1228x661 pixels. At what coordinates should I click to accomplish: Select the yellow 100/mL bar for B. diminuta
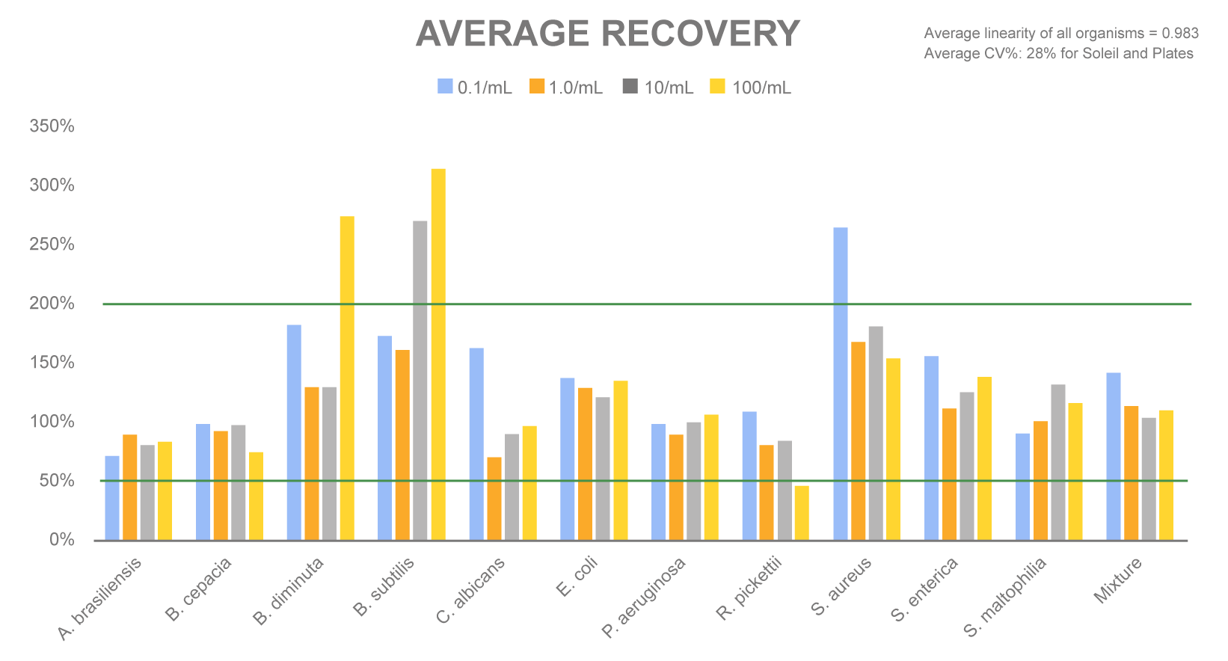347,378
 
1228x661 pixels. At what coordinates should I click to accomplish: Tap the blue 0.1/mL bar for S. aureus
841,383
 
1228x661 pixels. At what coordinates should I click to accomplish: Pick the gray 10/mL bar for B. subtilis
420,380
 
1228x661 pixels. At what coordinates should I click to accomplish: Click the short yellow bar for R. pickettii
802,513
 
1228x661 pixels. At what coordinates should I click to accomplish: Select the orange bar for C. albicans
494,498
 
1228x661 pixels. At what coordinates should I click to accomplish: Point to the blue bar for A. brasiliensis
112,497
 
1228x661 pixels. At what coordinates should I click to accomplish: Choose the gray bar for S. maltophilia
1057,462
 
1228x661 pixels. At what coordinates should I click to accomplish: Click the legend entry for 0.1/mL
475,87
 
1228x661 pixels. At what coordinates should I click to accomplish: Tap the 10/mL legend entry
658,87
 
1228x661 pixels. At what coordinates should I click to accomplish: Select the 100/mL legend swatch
717,87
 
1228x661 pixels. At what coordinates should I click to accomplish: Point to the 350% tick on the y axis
52,126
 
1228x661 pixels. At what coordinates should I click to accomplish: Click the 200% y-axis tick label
52,304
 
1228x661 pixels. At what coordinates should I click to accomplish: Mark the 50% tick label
56,481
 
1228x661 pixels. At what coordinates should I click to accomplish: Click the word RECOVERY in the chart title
700,34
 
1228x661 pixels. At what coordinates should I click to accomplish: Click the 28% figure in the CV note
1040,53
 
